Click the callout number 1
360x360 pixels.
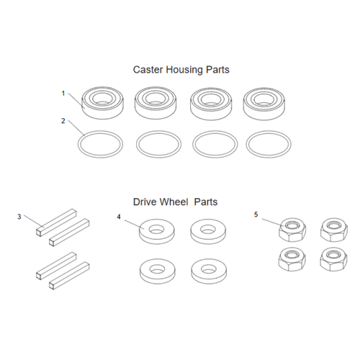[x=63, y=93]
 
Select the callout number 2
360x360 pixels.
[x=63, y=121]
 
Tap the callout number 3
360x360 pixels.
[x=19, y=215]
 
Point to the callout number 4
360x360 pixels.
[x=119, y=215]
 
